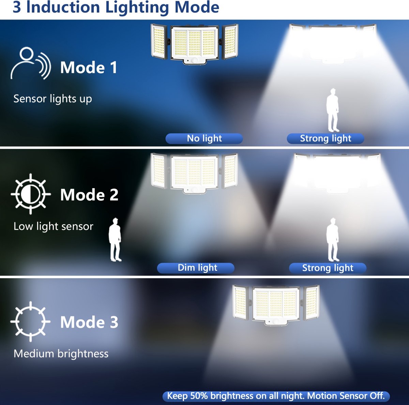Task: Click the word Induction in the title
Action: point(63,7)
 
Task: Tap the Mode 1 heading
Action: point(89,67)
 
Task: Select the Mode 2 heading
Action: point(89,195)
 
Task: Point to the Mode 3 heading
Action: point(89,322)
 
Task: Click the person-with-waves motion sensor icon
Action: point(31,63)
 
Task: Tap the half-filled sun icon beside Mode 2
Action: point(31,194)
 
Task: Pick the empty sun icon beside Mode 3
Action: point(30,321)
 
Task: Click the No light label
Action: point(204,138)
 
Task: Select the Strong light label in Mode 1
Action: point(325,138)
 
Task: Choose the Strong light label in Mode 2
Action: point(328,268)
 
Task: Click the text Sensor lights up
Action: point(52,99)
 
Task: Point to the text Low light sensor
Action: point(53,226)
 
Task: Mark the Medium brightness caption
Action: point(61,354)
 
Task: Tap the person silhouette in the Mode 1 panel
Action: point(333,110)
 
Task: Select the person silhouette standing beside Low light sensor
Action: point(115,239)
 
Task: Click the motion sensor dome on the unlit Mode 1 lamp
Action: point(194,61)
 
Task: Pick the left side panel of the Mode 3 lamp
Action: point(240,302)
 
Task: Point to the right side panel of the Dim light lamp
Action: point(230,171)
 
